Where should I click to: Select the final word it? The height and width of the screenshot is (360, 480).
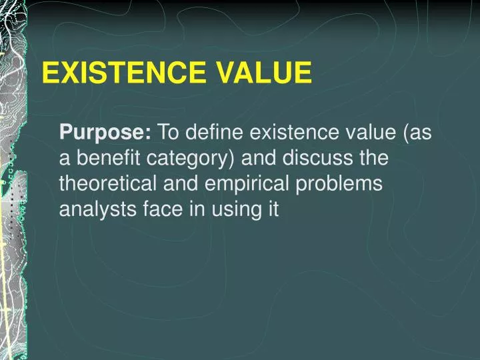(272, 210)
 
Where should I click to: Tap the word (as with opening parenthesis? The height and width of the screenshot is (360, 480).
(417, 134)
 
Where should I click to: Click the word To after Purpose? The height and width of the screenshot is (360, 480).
(168, 133)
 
